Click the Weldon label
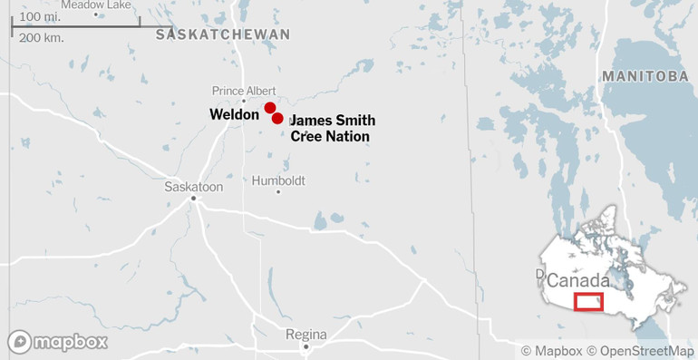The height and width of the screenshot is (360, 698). (235, 115)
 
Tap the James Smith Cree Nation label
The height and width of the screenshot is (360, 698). (332, 128)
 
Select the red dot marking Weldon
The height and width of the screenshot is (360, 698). (270, 108)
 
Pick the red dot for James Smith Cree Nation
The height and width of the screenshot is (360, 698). (277, 118)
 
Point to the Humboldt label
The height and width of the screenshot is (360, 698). (277, 179)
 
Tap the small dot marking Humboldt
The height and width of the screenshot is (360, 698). (278, 191)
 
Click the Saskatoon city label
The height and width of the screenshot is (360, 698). (194, 186)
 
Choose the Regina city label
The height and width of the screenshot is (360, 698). (305, 334)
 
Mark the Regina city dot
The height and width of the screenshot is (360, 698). (306, 346)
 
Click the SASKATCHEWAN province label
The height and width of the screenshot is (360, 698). (223, 34)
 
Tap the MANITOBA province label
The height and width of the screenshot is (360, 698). (645, 76)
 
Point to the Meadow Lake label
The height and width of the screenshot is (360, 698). (96, 5)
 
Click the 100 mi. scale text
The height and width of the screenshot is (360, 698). (40, 17)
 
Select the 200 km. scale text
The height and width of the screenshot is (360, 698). (41, 38)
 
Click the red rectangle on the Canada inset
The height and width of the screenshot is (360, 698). (588, 303)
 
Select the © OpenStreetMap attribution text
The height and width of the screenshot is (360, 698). (639, 350)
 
